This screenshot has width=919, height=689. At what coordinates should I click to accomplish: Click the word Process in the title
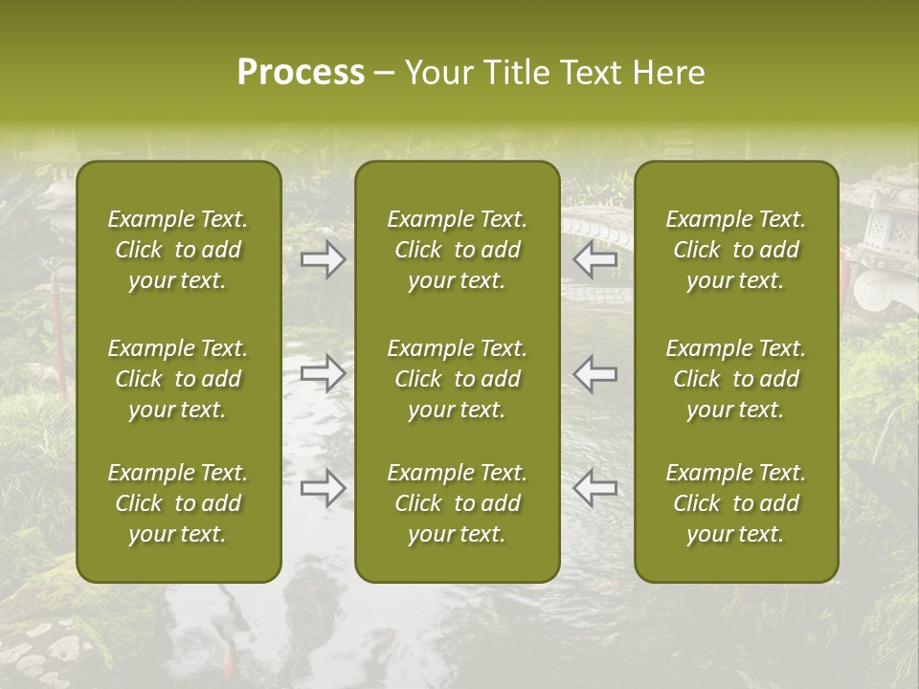click(301, 73)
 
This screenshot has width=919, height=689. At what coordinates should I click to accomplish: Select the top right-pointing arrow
click(324, 259)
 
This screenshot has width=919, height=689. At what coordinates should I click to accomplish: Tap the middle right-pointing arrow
click(324, 373)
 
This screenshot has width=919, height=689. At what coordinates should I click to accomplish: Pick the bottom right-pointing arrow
click(324, 488)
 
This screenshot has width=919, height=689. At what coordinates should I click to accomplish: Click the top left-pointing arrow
click(595, 259)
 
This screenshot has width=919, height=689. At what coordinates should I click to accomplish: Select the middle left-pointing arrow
click(595, 373)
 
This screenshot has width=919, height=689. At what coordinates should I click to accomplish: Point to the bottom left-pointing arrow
click(595, 488)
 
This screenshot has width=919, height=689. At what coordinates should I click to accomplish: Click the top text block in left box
click(178, 250)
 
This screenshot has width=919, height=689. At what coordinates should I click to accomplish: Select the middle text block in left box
click(178, 379)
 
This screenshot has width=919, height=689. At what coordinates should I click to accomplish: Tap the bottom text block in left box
click(178, 503)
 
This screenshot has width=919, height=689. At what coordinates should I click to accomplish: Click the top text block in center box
click(458, 250)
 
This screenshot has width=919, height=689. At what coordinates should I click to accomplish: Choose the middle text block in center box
click(458, 379)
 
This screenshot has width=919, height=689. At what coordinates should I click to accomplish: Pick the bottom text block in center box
click(458, 503)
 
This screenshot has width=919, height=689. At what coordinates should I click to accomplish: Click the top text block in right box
click(736, 250)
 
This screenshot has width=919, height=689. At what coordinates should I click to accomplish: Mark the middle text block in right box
click(736, 379)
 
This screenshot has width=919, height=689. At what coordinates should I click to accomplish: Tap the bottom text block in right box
click(736, 503)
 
